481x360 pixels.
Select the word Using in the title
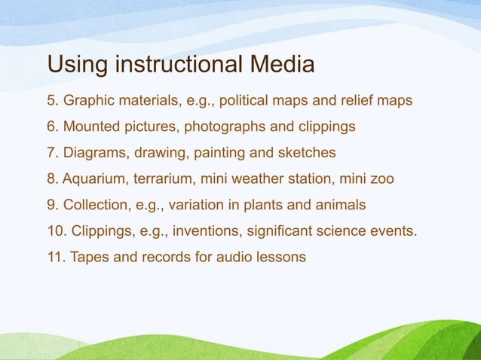click(77, 65)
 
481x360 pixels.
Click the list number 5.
click(51, 99)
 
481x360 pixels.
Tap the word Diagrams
click(97, 152)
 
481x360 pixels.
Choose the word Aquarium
click(93, 178)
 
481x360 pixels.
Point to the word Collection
click(95, 204)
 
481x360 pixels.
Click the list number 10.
click(56, 230)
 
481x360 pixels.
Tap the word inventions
click(210, 230)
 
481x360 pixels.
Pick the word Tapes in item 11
click(87, 257)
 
